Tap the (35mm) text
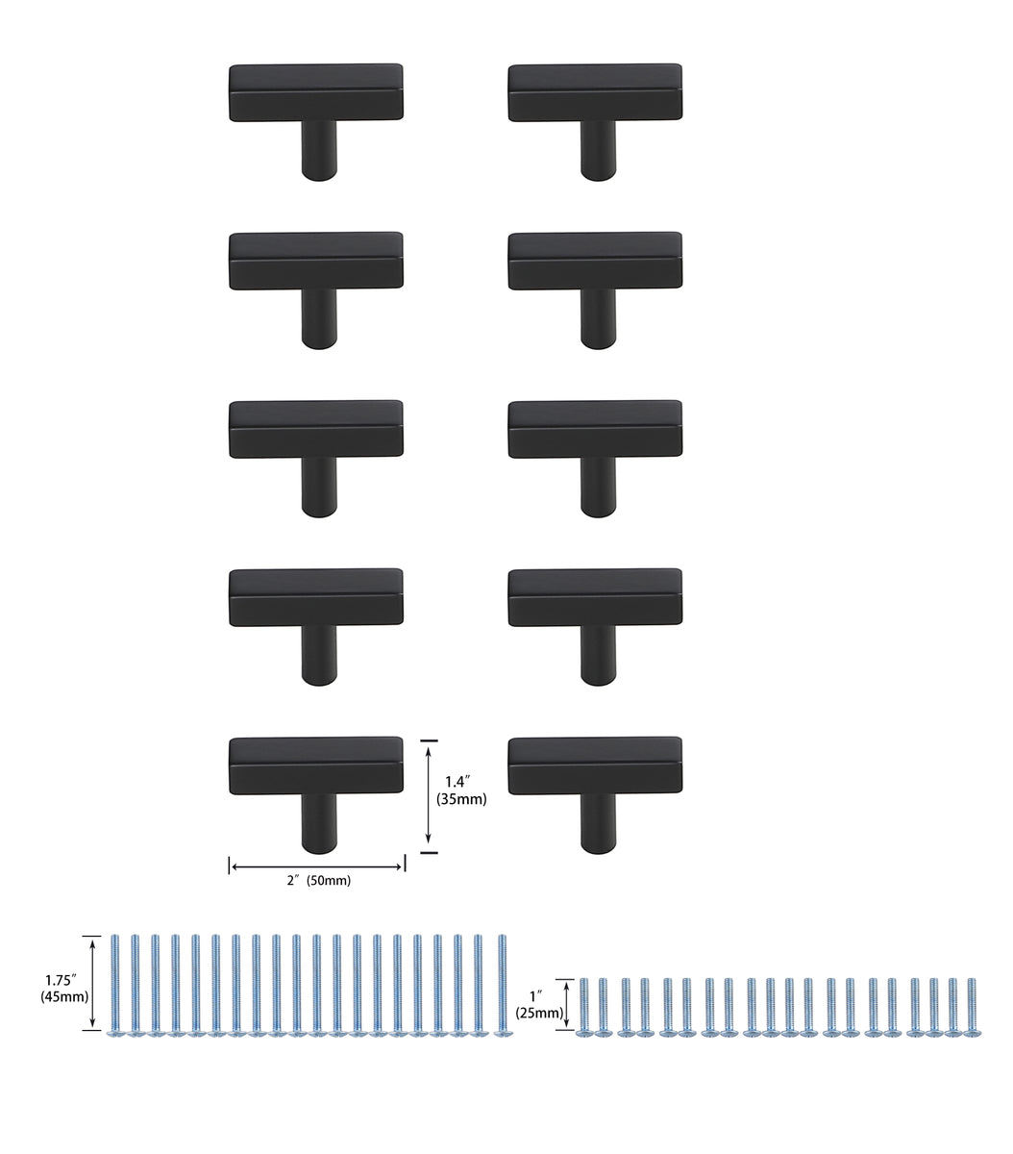[x=461, y=799]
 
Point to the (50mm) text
[x=329, y=881]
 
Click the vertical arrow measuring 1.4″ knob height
[x=429, y=796]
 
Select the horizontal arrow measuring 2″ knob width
[x=317, y=867]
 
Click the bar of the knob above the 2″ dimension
[x=316, y=765]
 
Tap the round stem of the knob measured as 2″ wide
[x=320, y=822]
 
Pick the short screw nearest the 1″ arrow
[x=583, y=1006]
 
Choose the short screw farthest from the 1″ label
[x=972, y=1006]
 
